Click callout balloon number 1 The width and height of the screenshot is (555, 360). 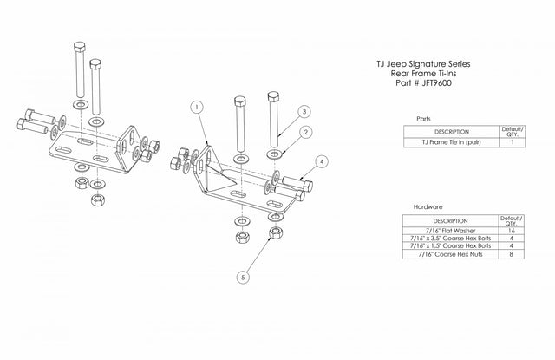coord(199,107)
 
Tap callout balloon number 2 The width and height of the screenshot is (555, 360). coord(305,131)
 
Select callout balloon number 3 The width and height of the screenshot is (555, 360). coord(305,111)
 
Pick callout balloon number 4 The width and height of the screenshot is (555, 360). coord(322,161)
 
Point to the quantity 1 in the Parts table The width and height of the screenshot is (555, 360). coord(513,141)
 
